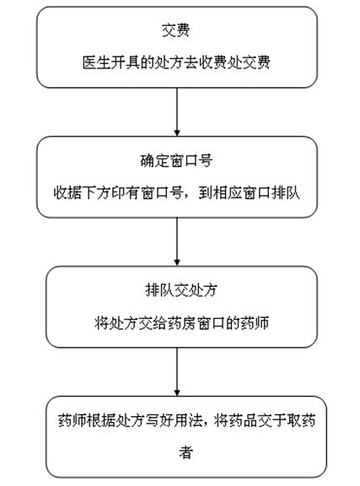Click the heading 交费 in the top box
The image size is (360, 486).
point(175,30)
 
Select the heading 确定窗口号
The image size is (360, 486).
point(176,160)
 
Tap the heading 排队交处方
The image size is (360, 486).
point(181,290)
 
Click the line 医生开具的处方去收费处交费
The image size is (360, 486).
point(176,62)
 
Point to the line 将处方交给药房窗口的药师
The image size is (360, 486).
point(181,323)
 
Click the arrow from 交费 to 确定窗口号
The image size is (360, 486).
point(177,112)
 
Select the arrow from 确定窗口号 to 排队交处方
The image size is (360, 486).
point(177,242)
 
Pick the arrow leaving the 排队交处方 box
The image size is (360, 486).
point(177,372)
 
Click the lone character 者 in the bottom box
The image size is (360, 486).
point(186,453)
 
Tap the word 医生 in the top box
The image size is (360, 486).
point(96,62)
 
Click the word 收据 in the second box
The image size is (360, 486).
point(67,192)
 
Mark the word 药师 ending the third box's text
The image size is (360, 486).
point(255,323)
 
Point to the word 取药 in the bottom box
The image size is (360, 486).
point(301,420)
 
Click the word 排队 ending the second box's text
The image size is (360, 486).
point(286,192)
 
